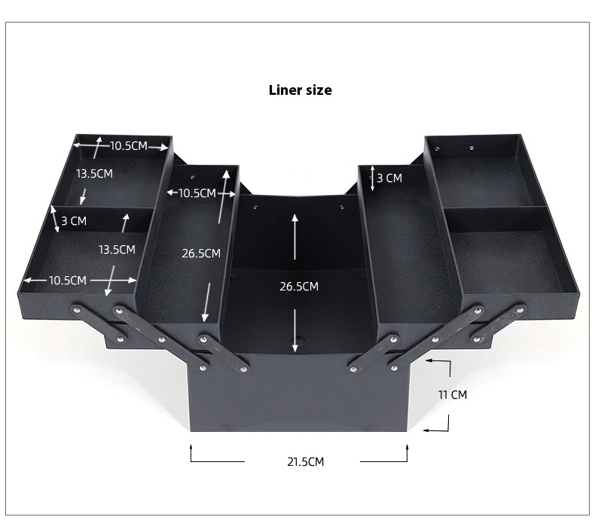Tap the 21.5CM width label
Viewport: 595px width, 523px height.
[x=306, y=462]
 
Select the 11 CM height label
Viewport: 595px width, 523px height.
[x=453, y=395]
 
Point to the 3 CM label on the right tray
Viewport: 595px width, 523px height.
[x=389, y=178]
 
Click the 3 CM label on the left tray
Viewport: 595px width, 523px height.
[x=74, y=220]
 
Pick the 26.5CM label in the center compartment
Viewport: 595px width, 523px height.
[x=299, y=287]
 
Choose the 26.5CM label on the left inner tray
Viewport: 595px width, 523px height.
[x=201, y=253]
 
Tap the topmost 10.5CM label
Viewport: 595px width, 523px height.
[x=129, y=146]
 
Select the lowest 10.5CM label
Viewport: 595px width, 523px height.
[x=68, y=280]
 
